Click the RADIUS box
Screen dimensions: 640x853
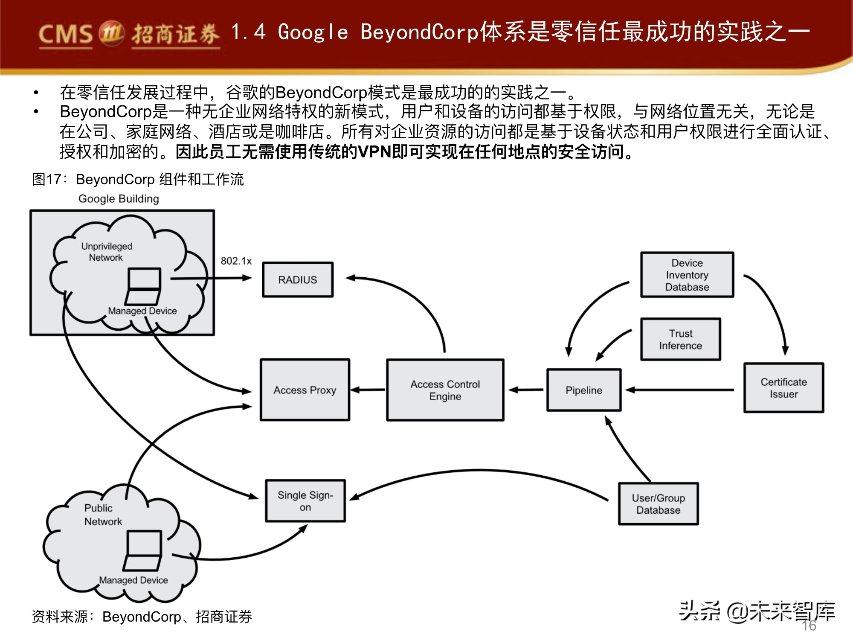[x=297, y=280]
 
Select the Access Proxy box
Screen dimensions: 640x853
[x=305, y=390]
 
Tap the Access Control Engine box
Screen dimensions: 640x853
[x=445, y=390]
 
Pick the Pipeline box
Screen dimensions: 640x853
[x=583, y=390]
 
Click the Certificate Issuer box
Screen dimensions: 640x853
[x=783, y=388]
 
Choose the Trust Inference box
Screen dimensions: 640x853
[x=680, y=339]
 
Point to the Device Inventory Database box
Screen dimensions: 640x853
[x=687, y=275]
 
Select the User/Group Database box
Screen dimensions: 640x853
[x=658, y=504]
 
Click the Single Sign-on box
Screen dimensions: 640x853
[x=305, y=501]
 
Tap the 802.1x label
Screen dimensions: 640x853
[x=236, y=261]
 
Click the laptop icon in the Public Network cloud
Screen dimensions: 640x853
[x=143, y=551]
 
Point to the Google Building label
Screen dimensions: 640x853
[x=119, y=199]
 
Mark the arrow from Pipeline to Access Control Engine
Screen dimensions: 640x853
[x=526, y=390]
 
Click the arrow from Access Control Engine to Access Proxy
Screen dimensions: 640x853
[x=368, y=390]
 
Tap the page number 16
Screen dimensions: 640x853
[x=809, y=625]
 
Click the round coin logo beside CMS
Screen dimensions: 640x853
[x=111, y=32]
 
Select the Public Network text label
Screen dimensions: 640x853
[x=103, y=515]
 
